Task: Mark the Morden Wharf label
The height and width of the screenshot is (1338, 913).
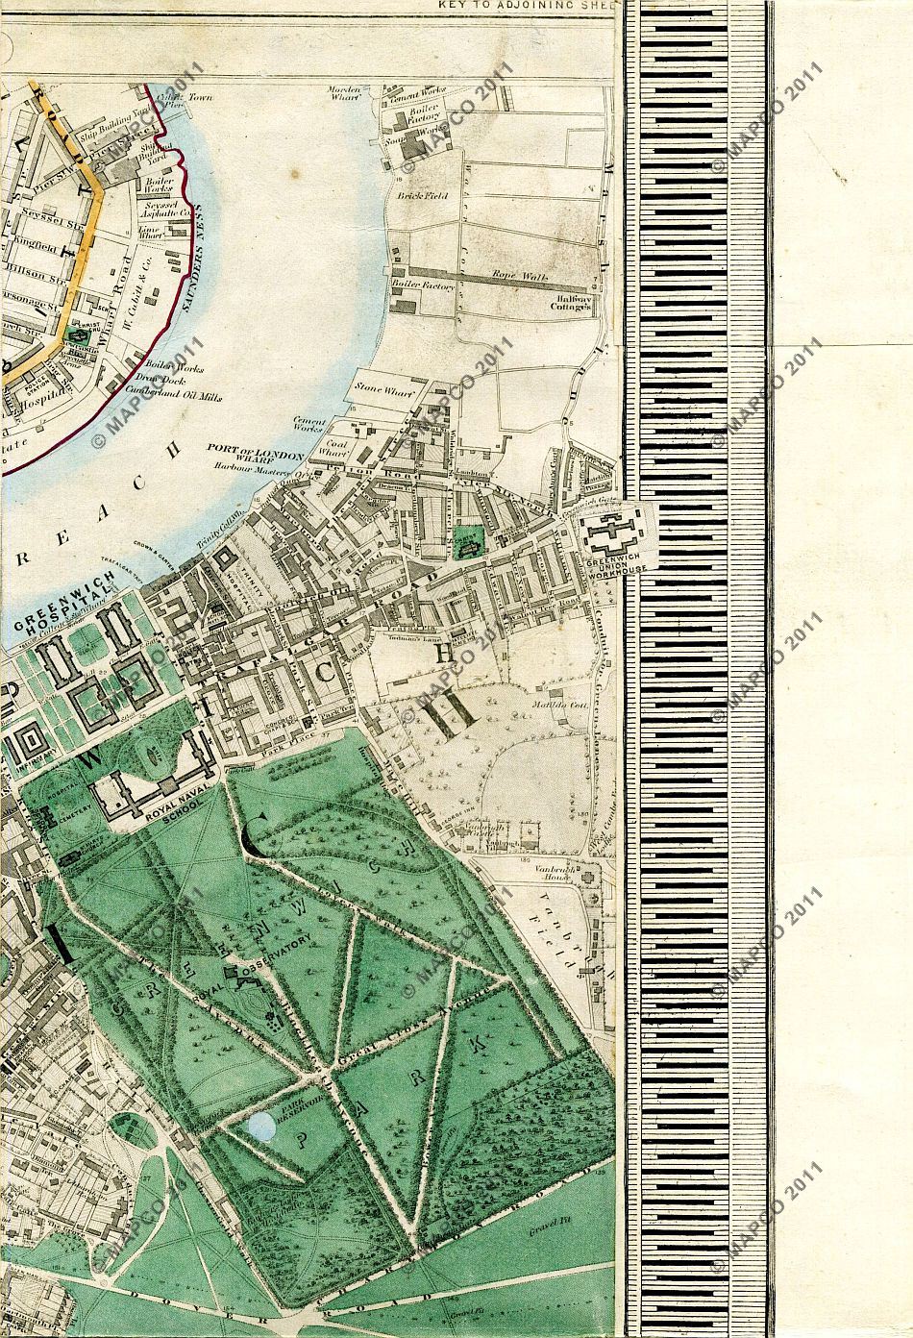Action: (347, 93)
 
